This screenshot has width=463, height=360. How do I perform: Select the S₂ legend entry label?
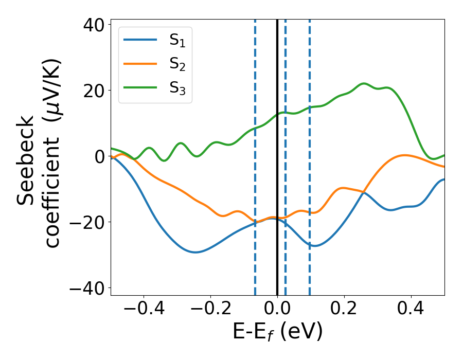click(177, 65)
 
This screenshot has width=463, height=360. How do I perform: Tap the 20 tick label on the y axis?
click(93, 91)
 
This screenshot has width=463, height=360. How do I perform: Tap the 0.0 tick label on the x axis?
click(277, 310)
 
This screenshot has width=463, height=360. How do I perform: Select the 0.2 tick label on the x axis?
click(344, 310)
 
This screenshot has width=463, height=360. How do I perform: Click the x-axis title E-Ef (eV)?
click(277, 332)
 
